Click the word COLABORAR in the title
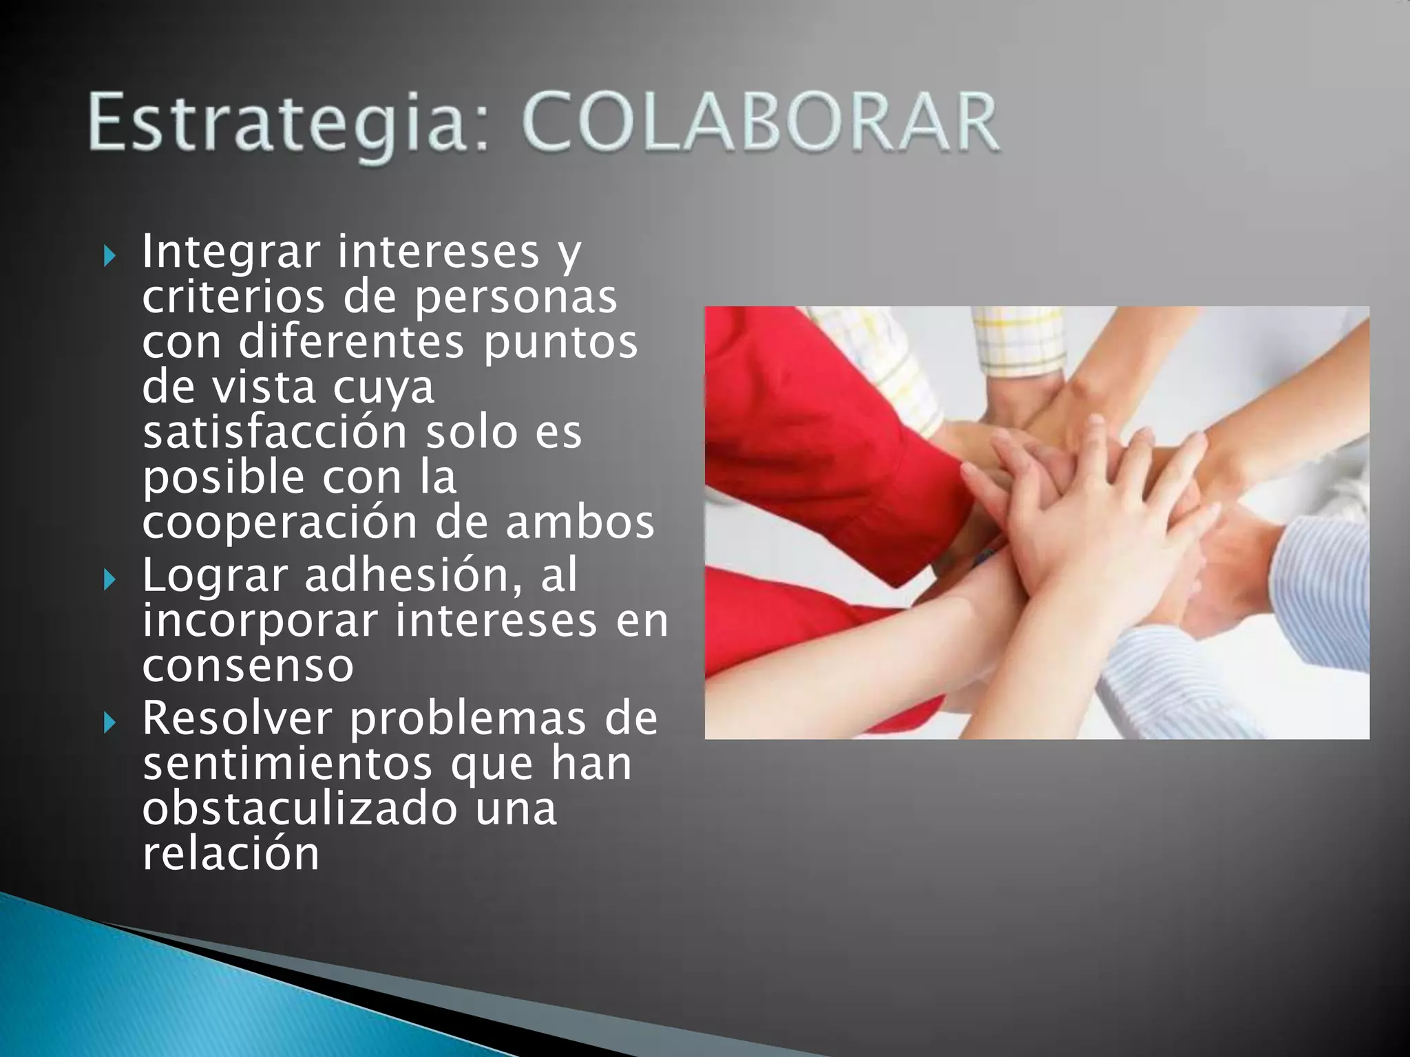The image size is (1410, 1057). point(761,124)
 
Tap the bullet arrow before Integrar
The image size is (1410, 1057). point(109,257)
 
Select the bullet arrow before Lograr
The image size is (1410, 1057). point(109,580)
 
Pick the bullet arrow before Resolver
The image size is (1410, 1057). point(109,723)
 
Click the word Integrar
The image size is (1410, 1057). point(231,252)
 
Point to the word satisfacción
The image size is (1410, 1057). point(275,432)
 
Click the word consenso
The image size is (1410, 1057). point(248,666)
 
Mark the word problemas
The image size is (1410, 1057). point(468,720)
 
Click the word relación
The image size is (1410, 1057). point(231,854)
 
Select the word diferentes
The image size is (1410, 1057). point(351,343)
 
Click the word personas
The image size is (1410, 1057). point(516,298)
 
